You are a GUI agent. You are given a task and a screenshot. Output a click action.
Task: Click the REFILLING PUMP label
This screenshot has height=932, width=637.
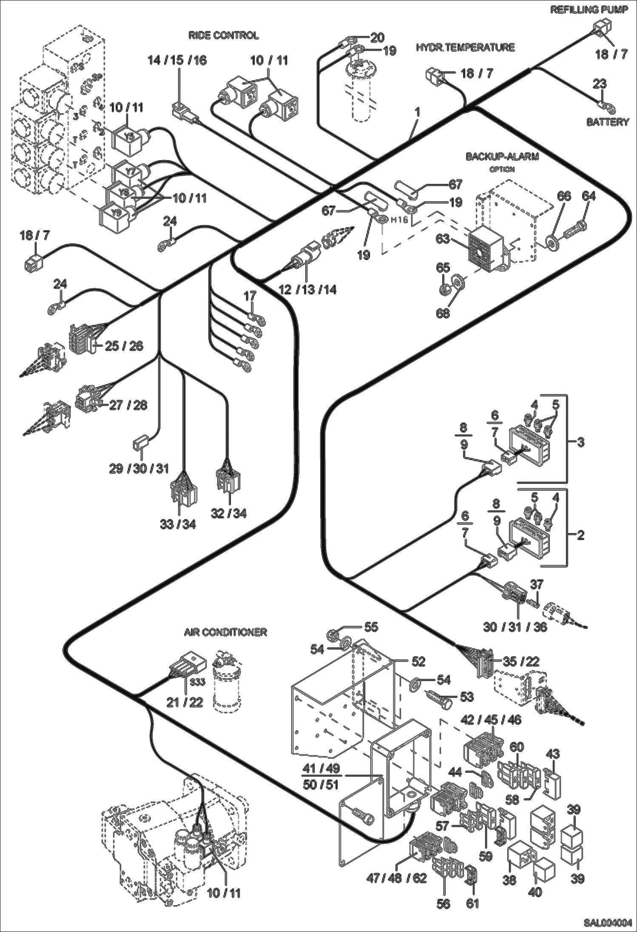589,9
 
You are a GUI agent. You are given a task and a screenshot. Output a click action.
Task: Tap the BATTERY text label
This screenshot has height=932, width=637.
607,122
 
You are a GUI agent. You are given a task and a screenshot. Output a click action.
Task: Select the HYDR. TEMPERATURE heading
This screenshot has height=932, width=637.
465,47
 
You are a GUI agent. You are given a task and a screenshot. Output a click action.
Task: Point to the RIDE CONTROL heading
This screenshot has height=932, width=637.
224,35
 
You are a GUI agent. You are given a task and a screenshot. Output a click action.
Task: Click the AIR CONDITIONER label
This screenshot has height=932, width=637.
225,632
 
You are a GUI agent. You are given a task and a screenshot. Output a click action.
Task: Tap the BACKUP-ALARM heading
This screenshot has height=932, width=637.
502,157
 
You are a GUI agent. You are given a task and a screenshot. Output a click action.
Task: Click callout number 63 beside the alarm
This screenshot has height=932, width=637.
442,239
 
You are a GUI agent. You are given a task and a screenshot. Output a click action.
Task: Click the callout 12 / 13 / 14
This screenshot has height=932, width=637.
307,290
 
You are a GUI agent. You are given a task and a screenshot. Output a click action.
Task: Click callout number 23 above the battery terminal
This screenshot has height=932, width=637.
599,84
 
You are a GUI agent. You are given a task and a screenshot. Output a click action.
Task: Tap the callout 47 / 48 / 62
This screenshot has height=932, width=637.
396,878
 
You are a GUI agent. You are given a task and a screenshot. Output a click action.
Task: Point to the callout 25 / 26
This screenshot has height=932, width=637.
124,346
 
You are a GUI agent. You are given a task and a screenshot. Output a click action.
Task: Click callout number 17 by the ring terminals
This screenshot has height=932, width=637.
250,295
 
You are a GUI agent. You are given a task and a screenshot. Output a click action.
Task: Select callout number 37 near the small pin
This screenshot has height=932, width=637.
536,584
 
